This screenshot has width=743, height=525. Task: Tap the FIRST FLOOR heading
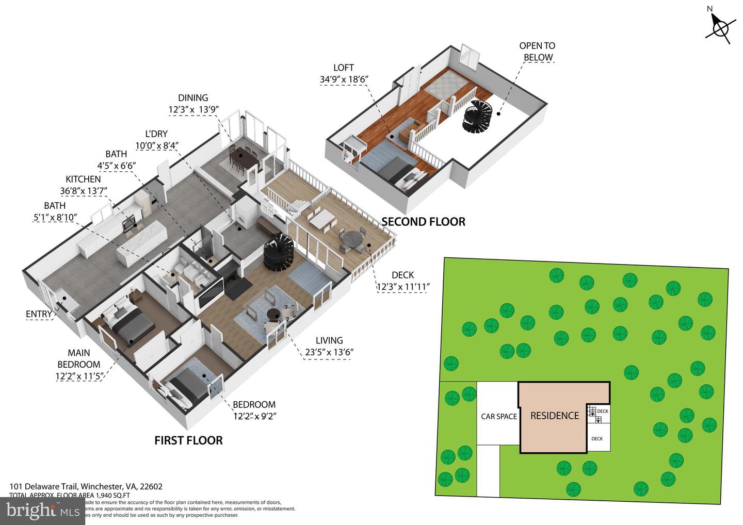tap(188, 440)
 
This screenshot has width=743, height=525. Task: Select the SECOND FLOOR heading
tap(423, 222)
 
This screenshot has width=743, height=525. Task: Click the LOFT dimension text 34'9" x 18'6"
tap(344, 79)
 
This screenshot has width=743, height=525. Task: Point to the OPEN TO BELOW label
tap(537, 52)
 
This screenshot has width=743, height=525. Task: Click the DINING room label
tap(193, 98)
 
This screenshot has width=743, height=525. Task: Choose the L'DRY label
tap(156, 134)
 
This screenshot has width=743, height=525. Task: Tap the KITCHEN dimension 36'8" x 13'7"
tap(83, 191)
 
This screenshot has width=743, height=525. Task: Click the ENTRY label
tap(39, 314)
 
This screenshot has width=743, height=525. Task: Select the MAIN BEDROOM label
tap(79, 358)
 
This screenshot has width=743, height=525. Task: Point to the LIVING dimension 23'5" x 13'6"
tap(329, 352)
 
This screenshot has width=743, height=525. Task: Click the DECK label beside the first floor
tap(402, 275)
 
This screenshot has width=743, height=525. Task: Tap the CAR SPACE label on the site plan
tap(498, 416)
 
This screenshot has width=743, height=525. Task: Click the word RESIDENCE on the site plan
tap(555, 416)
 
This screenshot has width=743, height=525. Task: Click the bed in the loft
tap(397, 170)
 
